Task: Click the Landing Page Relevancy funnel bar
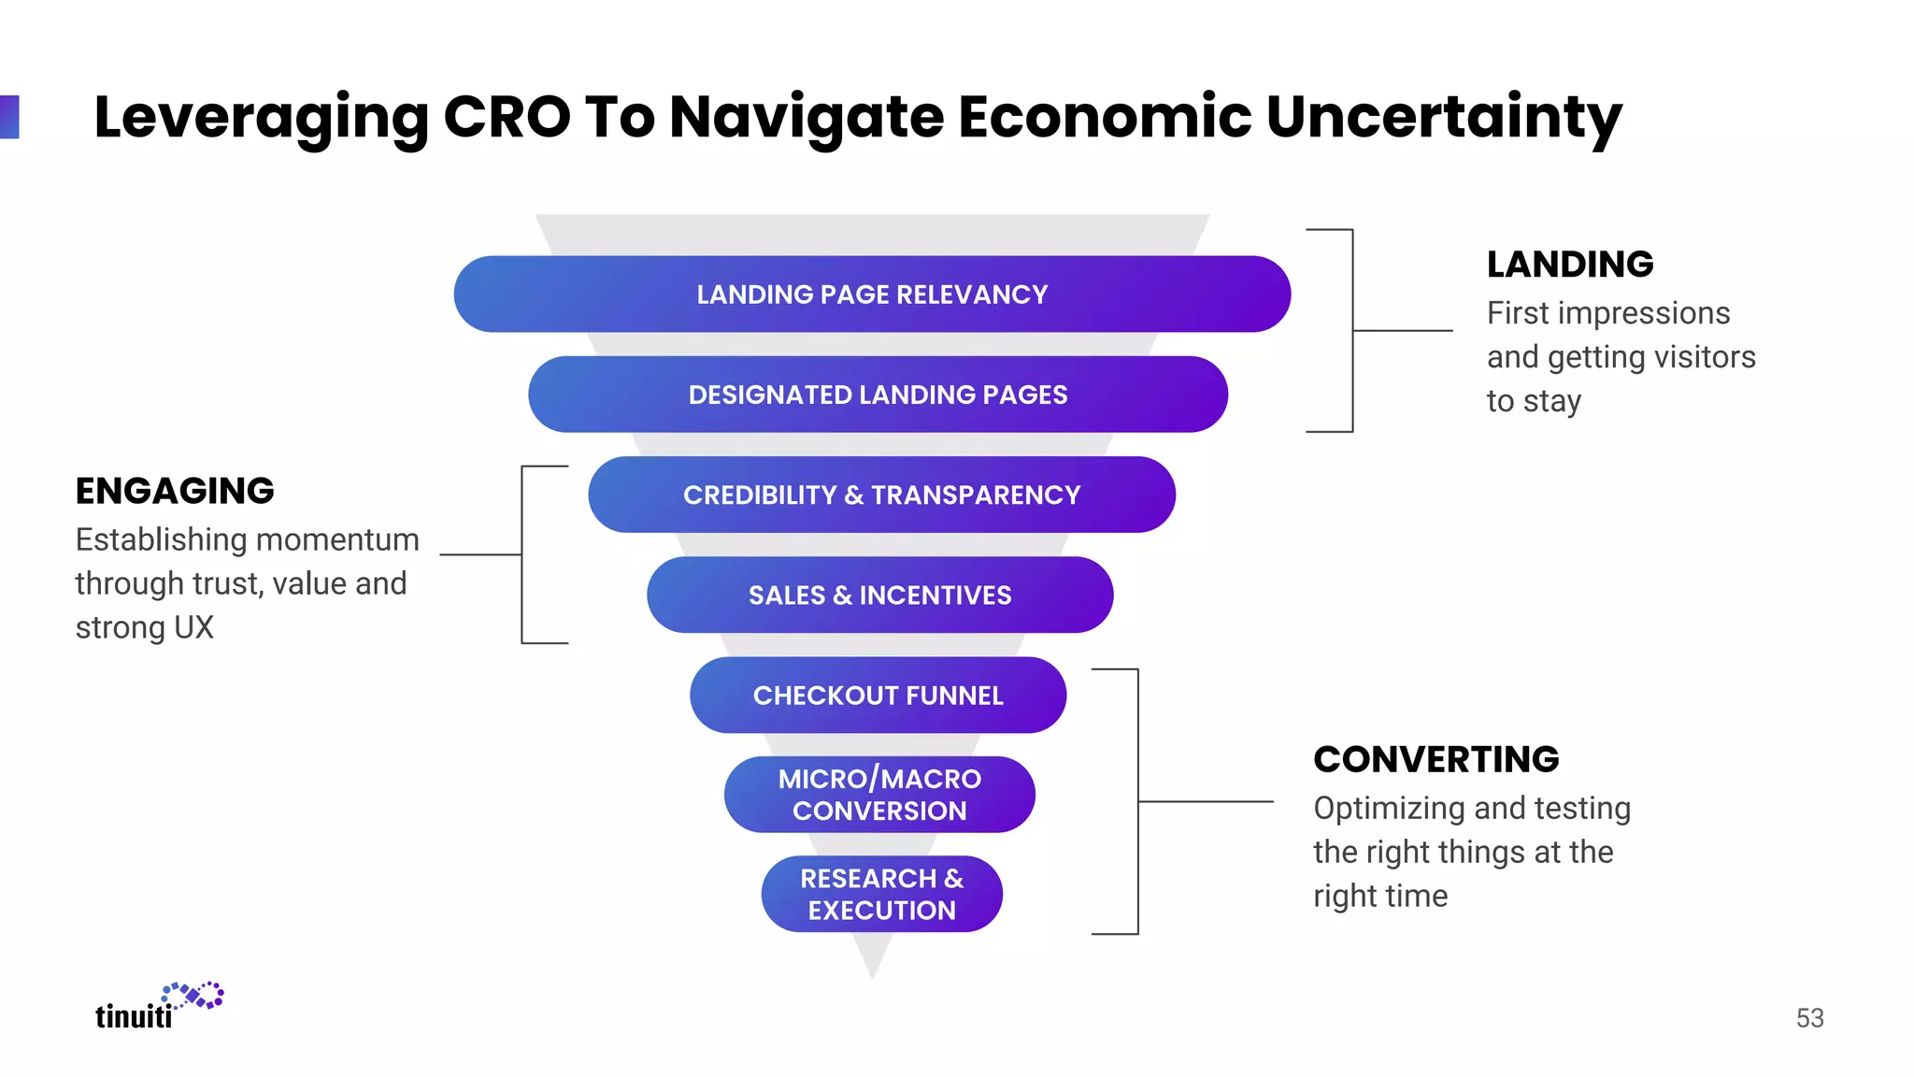coord(872,294)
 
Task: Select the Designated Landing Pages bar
coord(878,395)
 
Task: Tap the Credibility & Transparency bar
coord(881,495)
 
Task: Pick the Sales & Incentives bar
coord(879,595)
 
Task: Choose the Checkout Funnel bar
coord(878,695)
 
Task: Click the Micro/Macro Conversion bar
coord(879,795)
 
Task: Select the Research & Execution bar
coord(881,894)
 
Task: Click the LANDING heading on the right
coord(1570,265)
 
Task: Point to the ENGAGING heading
coord(175,491)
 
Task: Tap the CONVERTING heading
coord(1435,759)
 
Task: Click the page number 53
coord(1809,1018)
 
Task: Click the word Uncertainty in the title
coord(1444,118)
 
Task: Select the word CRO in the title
coord(507,118)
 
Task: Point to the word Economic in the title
coord(1105,118)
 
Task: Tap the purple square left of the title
coord(9,117)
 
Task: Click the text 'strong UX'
coord(145,627)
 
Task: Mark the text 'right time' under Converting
coord(1380,896)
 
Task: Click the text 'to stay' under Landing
coord(1534,401)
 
